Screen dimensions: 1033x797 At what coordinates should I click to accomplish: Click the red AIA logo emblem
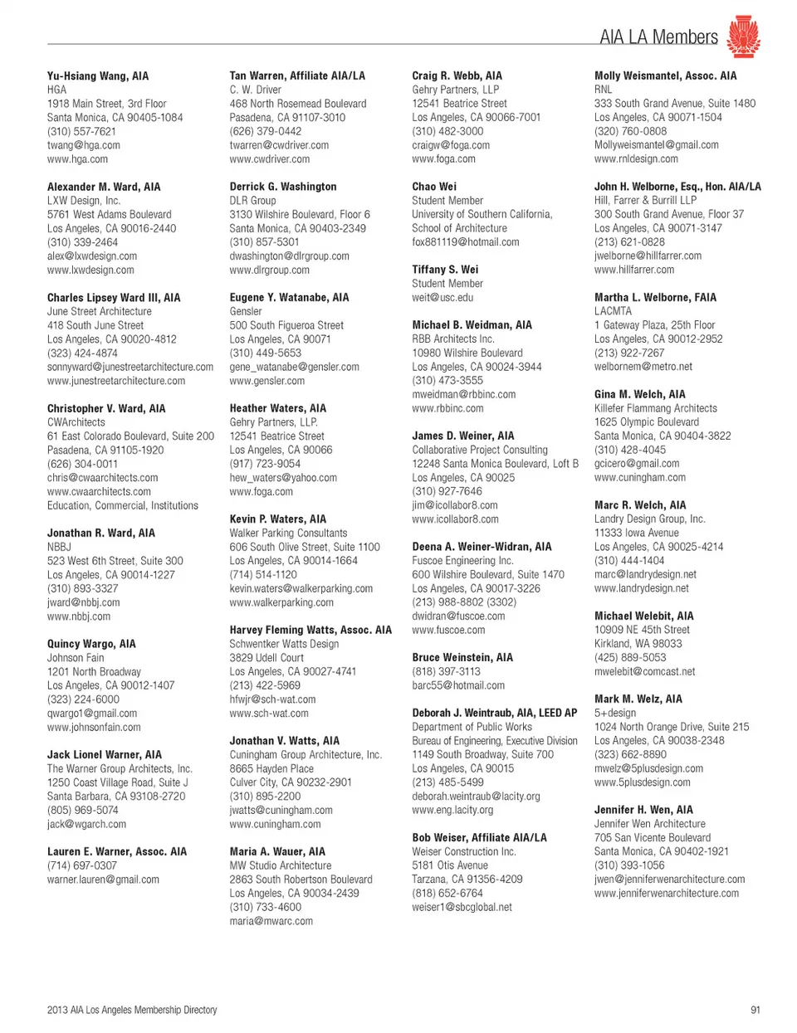click(743, 37)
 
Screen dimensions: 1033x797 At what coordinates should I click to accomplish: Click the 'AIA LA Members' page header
click(658, 37)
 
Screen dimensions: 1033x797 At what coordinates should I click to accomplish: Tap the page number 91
click(755, 1010)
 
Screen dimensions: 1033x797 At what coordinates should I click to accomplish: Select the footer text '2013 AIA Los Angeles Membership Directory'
click(132, 1010)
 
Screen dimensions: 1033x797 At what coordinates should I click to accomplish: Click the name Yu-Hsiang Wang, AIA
click(98, 76)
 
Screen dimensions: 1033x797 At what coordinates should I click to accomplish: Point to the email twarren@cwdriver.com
click(279, 145)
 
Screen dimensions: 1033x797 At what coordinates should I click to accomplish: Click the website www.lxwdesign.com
click(90, 270)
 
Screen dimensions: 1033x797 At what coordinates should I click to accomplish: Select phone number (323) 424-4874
click(82, 353)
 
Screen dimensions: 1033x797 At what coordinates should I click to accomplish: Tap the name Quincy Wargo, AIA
click(91, 644)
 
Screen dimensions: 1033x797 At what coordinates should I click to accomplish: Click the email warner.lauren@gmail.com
click(103, 880)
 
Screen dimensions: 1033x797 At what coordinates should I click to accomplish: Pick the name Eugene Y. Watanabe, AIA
click(289, 297)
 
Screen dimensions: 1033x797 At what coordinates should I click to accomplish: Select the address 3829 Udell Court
click(266, 658)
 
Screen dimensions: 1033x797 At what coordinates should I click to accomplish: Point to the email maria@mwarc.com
click(271, 921)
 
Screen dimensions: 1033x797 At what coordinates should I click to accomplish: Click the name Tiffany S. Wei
click(445, 270)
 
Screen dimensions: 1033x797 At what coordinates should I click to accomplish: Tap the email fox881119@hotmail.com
click(465, 242)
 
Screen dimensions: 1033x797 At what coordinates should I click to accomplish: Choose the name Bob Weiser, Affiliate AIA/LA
click(479, 838)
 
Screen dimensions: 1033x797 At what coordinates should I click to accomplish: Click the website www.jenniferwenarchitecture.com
click(666, 894)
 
